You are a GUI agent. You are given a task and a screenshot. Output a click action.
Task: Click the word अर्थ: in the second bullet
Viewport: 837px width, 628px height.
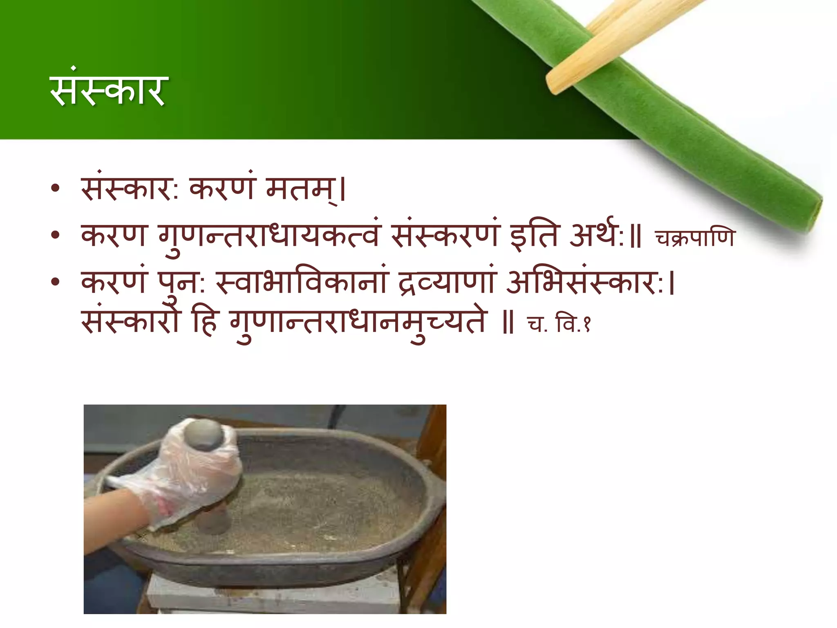coord(597,236)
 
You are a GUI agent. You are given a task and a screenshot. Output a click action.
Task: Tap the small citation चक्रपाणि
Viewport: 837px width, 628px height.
coord(695,238)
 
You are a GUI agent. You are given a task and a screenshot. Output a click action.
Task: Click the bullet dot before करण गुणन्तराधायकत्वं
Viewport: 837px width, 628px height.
coord(56,235)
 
